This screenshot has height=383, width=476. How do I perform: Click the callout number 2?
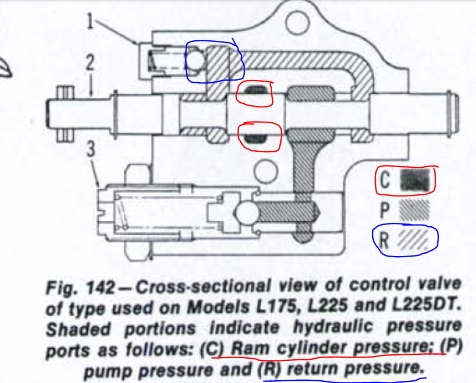[91, 65]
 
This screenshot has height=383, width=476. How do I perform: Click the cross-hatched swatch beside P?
[414, 210]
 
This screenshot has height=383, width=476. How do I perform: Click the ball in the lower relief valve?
[245, 212]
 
